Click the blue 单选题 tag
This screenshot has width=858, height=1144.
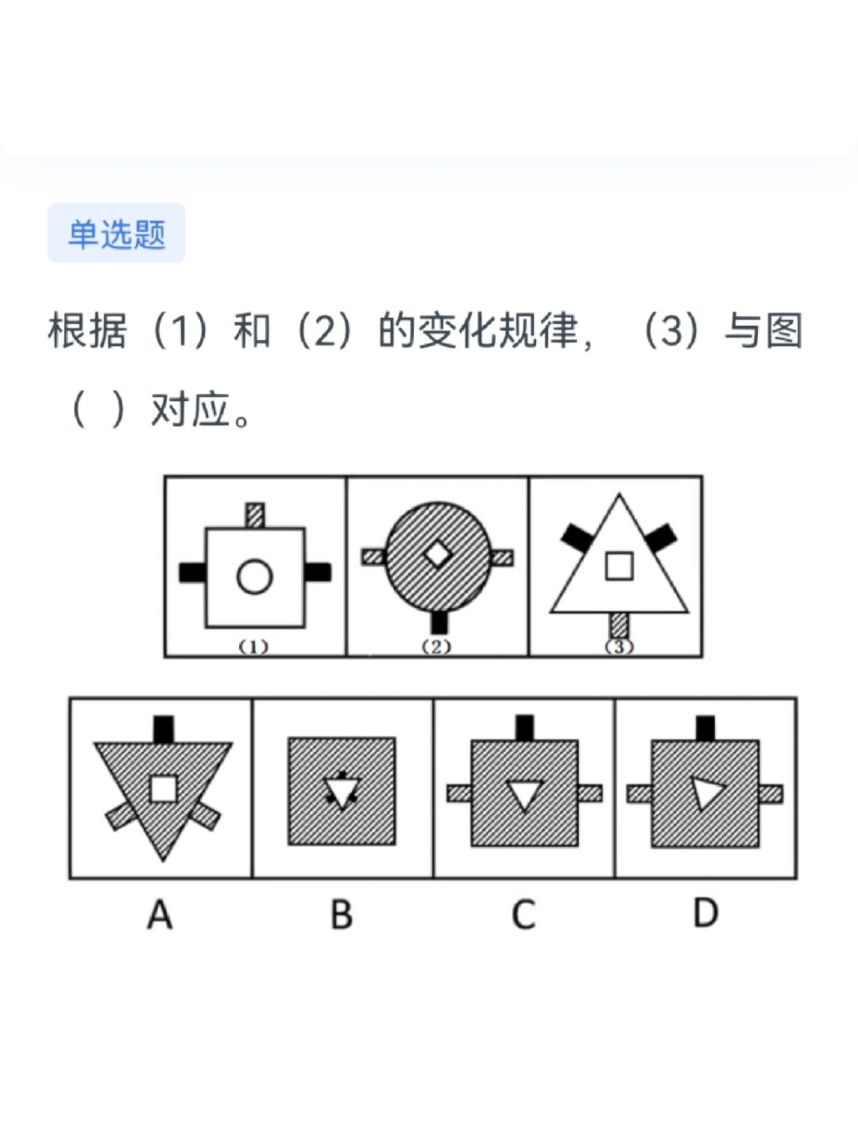coord(116,234)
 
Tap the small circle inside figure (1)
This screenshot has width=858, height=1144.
coord(254,576)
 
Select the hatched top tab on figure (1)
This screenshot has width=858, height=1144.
coord(254,515)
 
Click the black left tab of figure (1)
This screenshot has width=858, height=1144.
coord(191,572)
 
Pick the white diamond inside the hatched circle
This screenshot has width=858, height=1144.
coord(437,554)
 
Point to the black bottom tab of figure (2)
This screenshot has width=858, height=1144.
coord(438,621)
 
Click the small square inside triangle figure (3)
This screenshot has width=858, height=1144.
coord(619,566)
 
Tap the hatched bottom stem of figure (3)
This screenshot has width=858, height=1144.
coord(619,624)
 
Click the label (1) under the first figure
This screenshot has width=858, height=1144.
coord(254,647)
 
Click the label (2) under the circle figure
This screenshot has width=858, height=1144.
coord(436,647)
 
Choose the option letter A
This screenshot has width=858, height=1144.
coord(160,914)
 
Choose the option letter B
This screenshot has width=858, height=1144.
coord(342,914)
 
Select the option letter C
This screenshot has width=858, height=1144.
coord(524,914)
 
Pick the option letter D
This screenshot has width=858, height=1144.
coord(705,913)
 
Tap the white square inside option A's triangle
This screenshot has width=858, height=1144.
coord(164,788)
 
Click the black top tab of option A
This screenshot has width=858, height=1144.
coord(164,729)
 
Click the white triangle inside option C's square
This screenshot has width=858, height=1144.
coord(524,794)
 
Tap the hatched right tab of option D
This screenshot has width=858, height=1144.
coord(771,794)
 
